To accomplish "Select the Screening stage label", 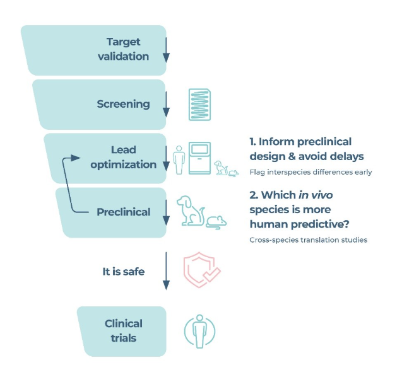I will [123, 104].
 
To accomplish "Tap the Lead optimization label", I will [123, 158].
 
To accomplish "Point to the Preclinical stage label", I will [124, 212].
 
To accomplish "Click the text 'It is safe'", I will [124, 271].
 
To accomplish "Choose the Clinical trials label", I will [124, 330].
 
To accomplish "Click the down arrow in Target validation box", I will [166, 50].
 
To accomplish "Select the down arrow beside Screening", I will [166, 105].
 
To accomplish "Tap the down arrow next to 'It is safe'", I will [166, 271].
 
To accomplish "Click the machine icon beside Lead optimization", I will [199, 158].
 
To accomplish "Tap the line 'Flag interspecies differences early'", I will [310, 172].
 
